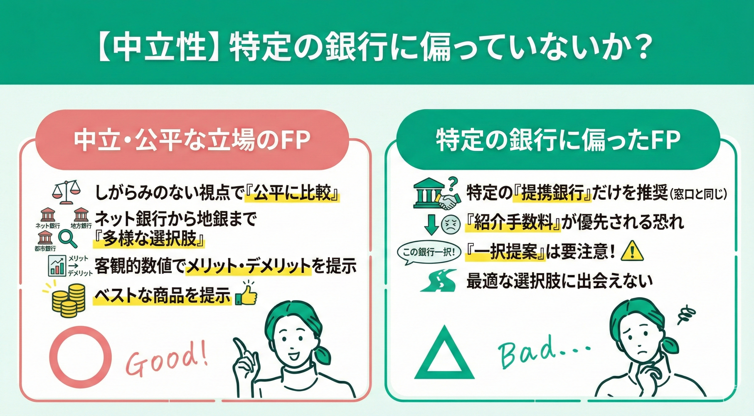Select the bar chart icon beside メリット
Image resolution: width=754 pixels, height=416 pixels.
point(57,265)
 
